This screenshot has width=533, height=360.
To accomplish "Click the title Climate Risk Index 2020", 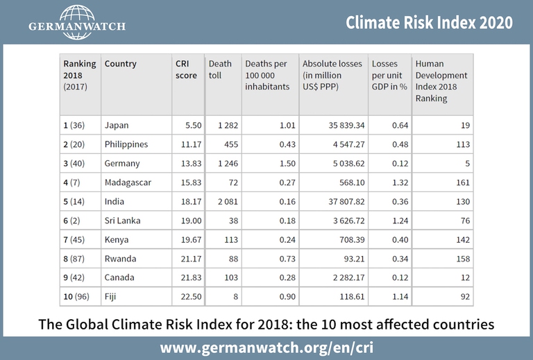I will coord(430,22).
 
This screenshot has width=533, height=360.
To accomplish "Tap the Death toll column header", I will coord(221,69).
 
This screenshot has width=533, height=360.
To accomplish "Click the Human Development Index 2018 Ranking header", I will coord(441,81).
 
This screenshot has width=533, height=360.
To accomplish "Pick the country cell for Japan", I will coord(117,126).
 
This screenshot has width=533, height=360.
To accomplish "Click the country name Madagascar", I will coord(128,182).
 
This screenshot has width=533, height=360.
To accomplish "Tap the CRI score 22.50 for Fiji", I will coord(191,296).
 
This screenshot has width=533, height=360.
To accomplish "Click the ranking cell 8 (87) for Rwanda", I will coord(78,258).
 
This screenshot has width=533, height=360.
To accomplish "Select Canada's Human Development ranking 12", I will coord(464,277).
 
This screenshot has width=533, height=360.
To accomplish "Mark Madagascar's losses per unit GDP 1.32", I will coord(398,182).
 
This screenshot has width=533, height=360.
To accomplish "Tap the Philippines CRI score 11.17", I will coord(191,144).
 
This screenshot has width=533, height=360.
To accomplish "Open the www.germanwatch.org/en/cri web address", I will coord(266,346).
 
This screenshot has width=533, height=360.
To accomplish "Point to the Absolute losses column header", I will coord(332,69).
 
